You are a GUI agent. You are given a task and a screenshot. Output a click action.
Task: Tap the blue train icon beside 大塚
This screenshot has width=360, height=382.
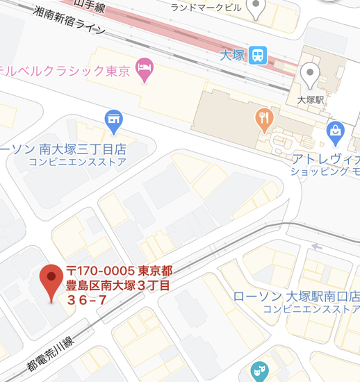(259, 53)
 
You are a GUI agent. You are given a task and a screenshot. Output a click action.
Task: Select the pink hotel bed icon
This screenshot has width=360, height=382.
(145, 67)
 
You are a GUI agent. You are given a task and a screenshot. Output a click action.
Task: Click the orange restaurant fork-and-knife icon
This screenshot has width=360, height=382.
(263, 119)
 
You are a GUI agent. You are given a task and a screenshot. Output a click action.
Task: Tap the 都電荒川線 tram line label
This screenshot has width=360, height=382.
(49, 353)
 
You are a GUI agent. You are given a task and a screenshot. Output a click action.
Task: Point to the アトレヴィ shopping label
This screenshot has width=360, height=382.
(325, 158)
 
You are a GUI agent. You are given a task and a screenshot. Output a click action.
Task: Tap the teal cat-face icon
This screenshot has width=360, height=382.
(259, 371)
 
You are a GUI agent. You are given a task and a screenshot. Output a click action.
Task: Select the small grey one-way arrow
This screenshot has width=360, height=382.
(318, 246)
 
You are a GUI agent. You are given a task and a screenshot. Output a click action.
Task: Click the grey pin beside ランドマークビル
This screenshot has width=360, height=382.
(258, 8)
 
